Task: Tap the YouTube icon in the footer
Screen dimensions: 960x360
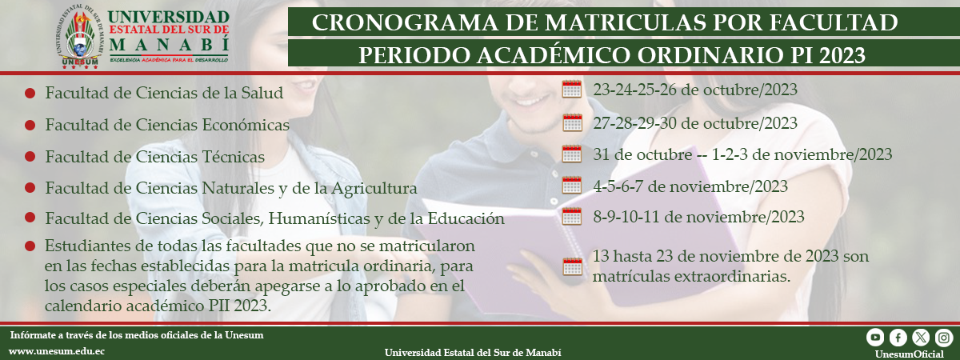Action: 875,338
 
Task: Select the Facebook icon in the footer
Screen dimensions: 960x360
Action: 898,338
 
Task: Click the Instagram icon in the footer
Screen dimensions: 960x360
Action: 944,338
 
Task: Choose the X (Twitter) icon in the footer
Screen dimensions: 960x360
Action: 921,338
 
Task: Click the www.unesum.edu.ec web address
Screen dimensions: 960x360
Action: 57,351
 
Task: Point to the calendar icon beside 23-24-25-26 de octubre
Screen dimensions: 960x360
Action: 572,90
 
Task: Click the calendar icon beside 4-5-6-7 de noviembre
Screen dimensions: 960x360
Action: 572,186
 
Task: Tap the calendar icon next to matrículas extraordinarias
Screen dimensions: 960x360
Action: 572,266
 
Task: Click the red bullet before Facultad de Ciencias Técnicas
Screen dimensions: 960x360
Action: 30,157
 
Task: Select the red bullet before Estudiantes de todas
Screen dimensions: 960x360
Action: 30,246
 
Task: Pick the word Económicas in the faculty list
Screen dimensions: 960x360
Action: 246,125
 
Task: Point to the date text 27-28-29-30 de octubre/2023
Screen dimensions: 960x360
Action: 695,123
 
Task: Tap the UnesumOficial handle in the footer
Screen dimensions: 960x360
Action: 910,354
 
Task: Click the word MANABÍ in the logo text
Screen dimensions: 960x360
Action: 170,45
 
